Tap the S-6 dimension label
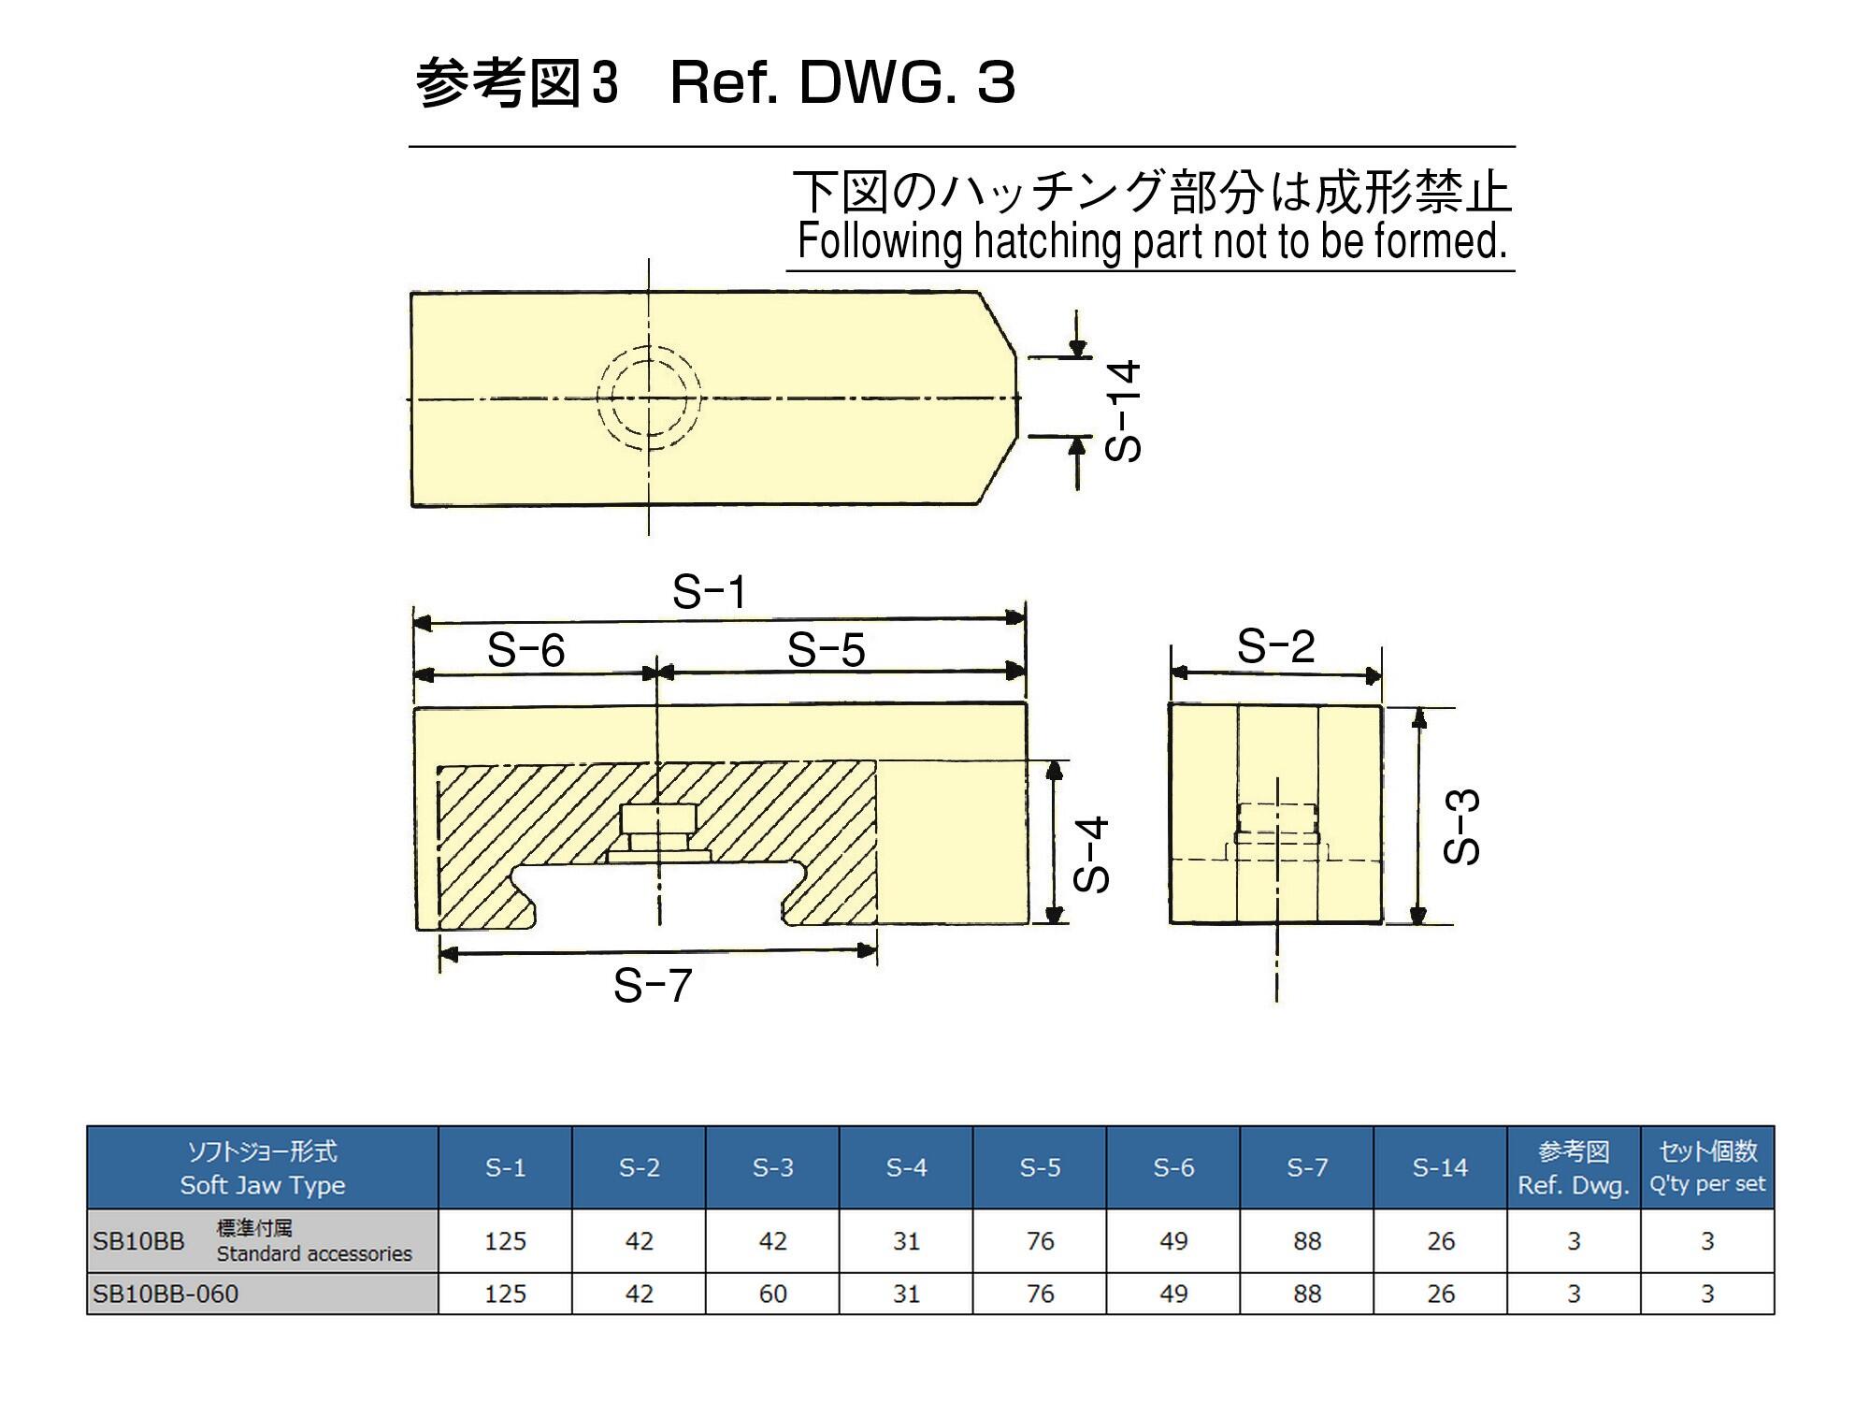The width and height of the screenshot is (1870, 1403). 526,650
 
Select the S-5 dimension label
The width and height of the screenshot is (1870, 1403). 827,650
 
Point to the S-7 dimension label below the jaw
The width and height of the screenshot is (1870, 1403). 653,986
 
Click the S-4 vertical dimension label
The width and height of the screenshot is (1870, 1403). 1091,854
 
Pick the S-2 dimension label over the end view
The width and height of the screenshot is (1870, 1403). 1276,646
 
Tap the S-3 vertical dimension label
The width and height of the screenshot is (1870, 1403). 1462,827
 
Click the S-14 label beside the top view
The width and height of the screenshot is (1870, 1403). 1123,411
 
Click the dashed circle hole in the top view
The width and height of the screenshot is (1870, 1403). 649,398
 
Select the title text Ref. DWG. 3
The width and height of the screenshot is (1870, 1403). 842,83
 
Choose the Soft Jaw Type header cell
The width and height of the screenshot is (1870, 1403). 263,1167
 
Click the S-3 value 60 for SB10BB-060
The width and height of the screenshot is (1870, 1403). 773,1294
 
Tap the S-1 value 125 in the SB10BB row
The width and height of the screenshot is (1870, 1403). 505,1241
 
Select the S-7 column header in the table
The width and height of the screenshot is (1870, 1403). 1307,1167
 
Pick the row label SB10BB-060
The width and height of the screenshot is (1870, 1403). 166,1294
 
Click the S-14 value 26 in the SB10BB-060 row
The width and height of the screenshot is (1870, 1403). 1441,1294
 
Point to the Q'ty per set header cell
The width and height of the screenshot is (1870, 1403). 1707,1167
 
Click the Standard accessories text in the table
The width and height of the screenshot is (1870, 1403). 314,1253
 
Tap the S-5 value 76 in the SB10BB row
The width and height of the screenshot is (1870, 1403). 1040,1241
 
